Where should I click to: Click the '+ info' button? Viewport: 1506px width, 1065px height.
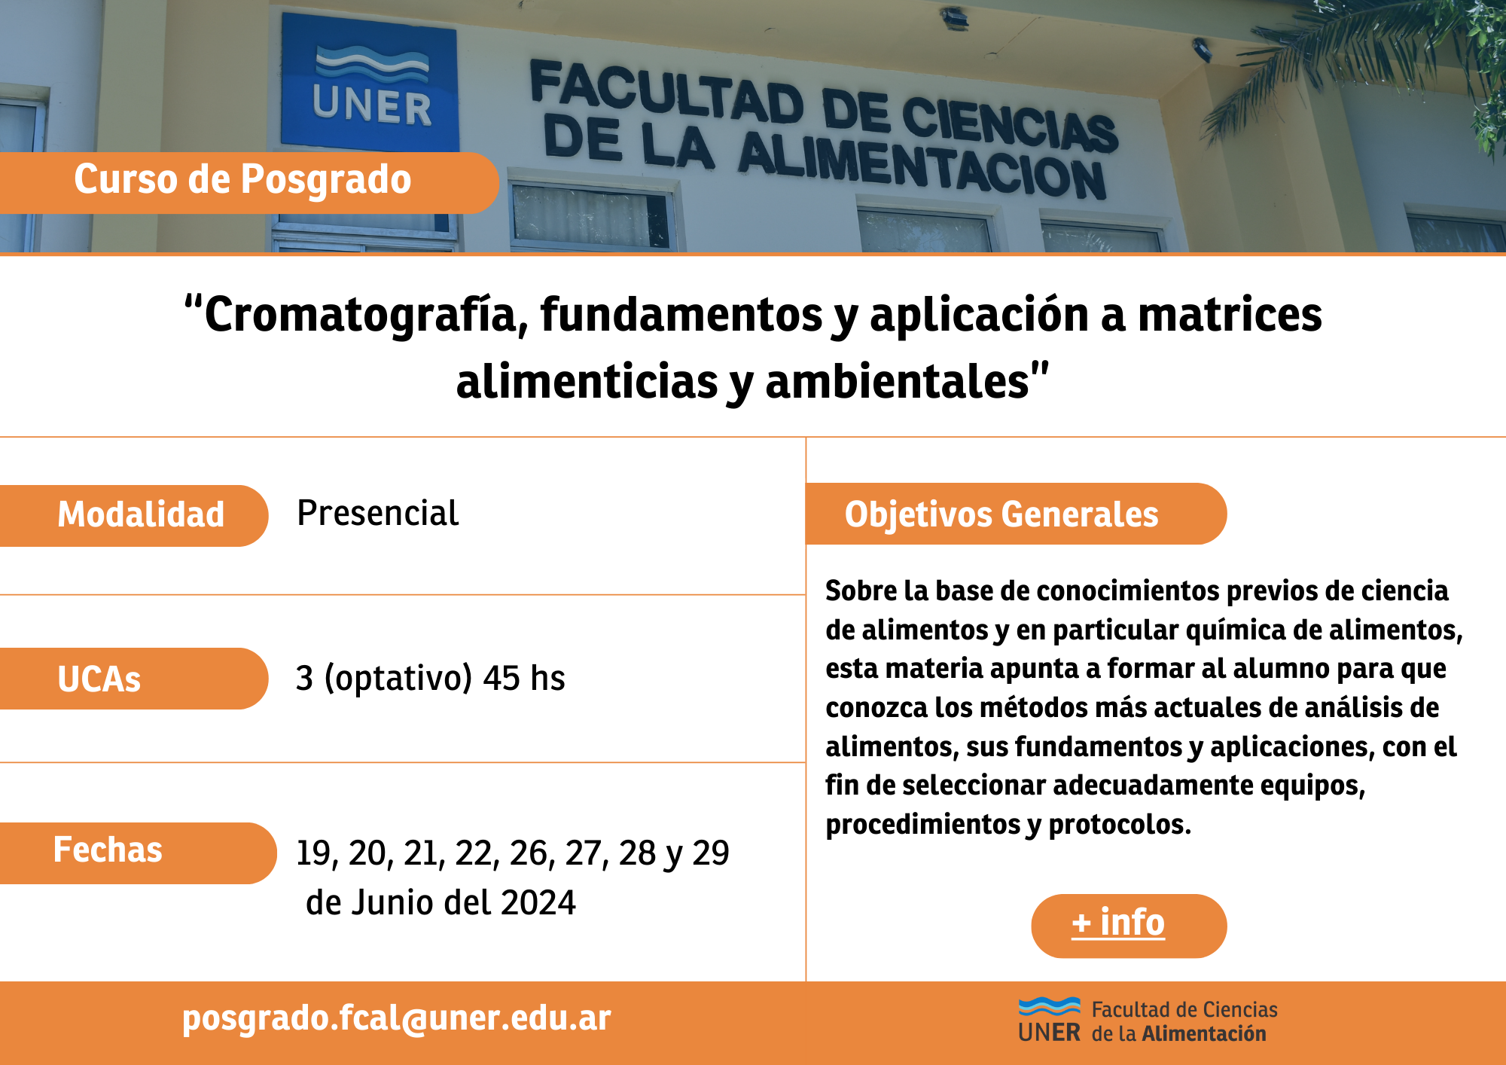click(1129, 926)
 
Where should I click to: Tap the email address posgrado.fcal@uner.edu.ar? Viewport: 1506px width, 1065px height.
click(397, 1018)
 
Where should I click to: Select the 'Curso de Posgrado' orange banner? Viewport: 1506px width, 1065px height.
click(248, 182)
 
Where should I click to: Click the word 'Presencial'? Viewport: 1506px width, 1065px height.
click(378, 514)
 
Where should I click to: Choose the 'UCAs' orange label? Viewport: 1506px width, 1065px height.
click(133, 679)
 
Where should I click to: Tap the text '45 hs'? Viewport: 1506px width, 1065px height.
click(524, 678)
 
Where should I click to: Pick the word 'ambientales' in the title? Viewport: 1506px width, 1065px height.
click(897, 382)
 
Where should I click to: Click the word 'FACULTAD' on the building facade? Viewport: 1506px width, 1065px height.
click(667, 94)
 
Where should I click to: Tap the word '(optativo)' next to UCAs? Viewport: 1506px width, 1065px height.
click(398, 678)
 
